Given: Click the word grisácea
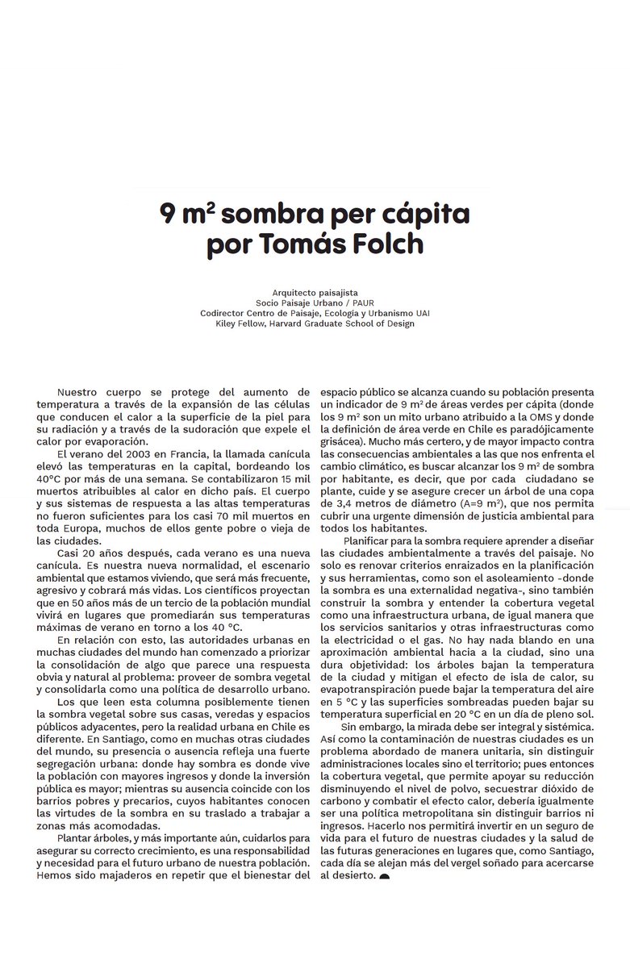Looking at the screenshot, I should (x=345, y=442).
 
